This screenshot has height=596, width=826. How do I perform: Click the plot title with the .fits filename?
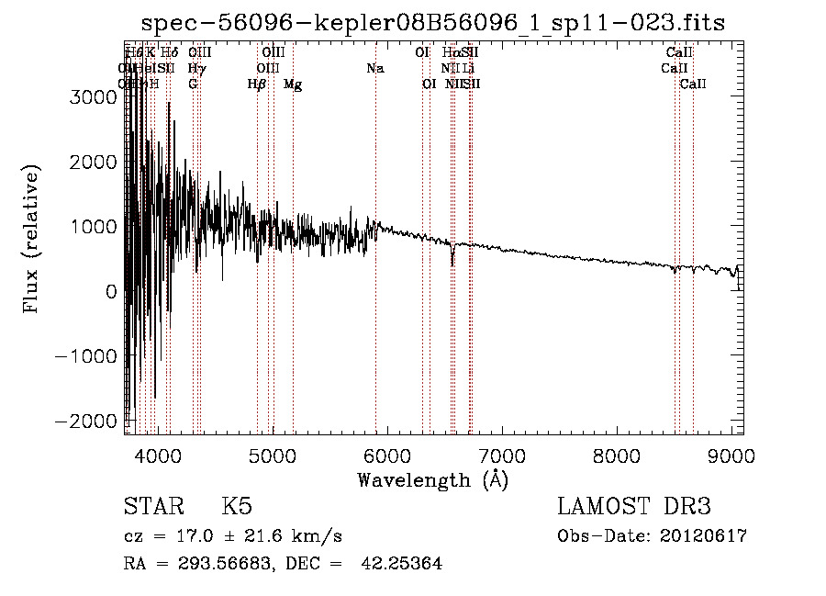pos(432,24)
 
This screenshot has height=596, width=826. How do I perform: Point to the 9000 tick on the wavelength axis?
pos(731,455)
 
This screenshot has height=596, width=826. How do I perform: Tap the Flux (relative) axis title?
pos(33,239)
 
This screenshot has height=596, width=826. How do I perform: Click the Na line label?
pos(374,68)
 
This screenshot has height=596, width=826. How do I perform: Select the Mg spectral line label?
pos(293,84)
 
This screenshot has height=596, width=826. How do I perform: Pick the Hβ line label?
pos(257,84)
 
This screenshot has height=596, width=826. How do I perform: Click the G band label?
pos(193,84)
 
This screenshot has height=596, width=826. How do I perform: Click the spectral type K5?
pos(237,508)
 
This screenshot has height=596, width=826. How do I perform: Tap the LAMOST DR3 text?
pos(634,508)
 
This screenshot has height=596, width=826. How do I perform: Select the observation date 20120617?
pos(705,536)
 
